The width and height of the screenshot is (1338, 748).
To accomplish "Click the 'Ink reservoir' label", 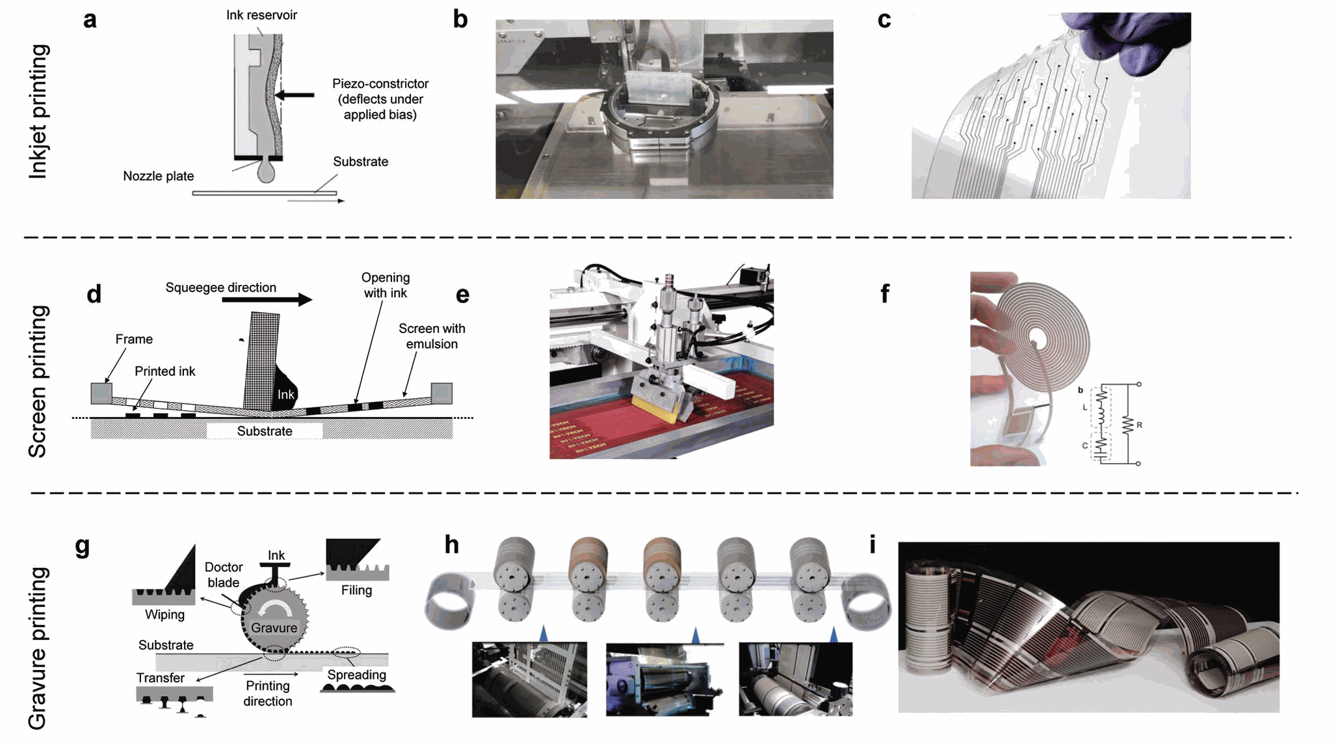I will [x=261, y=15].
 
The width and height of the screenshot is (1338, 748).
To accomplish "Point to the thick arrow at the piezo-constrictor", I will [x=296, y=95].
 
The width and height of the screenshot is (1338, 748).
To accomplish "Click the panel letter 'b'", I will [x=460, y=20].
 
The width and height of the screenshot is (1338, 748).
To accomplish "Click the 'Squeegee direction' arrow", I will [x=267, y=299].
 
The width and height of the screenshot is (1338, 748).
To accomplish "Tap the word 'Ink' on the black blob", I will [x=286, y=395].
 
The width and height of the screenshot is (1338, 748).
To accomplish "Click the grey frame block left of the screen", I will [x=101, y=393].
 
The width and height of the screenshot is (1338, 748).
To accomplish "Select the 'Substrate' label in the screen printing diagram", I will [x=265, y=431].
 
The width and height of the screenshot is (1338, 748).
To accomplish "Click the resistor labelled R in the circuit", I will [x=1128, y=425].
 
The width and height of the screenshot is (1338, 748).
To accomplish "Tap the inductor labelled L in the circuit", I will [x=1101, y=407].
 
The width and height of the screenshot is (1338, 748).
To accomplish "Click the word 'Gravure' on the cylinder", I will [x=274, y=628].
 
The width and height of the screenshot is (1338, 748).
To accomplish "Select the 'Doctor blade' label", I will [x=223, y=575].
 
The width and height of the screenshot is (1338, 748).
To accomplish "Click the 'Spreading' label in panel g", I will [x=356, y=675].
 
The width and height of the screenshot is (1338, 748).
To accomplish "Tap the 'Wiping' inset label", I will [x=164, y=615].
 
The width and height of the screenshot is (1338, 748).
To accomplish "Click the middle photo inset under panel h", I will [x=664, y=680].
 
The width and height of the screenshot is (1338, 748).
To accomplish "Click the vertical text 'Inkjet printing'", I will [x=39, y=112].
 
